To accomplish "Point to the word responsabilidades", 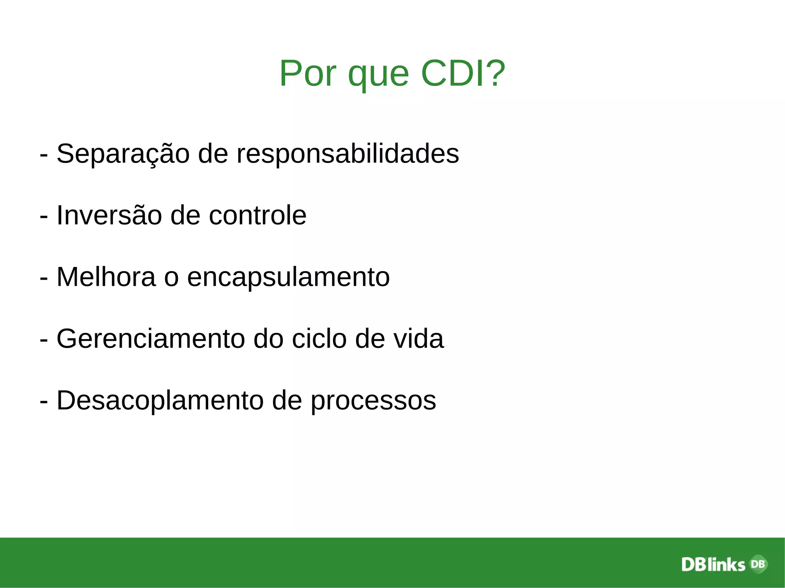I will point(347,154).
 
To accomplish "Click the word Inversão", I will point(109,215).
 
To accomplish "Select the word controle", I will point(257,215).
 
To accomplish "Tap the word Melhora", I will point(106,277).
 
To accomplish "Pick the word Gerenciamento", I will point(151,339).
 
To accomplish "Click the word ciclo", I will point(319,339).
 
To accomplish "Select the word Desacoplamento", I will point(160,401).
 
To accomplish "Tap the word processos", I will point(373,402).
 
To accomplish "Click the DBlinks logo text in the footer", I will point(713,565).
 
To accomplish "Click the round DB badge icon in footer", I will point(758,563).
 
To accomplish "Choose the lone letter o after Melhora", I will point(171,278).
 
